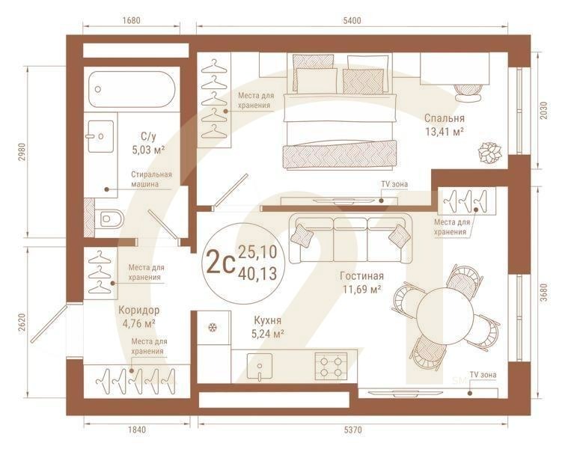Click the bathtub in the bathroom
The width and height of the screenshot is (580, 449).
[x=132, y=89]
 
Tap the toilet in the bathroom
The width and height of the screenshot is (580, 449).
[x=109, y=219]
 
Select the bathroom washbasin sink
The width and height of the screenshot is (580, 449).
[x=100, y=136]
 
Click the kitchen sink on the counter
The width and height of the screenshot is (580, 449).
[x=260, y=366]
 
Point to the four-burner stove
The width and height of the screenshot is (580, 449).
[x=331, y=366]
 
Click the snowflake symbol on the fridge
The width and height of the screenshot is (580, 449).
[x=213, y=328]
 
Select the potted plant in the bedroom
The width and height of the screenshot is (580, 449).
[x=489, y=153]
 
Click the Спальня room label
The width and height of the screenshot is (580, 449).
[x=444, y=118]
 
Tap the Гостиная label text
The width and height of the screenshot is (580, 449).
[x=361, y=276]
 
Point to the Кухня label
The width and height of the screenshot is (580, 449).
[x=267, y=320]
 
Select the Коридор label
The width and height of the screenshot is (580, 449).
[x=138, y=311]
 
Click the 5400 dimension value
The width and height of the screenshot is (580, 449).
[x=352, y=21]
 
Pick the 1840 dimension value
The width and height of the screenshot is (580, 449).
[x=137, y=430]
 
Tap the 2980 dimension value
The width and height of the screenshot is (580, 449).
[x=22, y=152]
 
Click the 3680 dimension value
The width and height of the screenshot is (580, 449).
[x=543, y=293]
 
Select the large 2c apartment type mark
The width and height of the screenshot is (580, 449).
[x=221, y=262]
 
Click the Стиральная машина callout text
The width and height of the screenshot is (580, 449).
[x=151, y=179]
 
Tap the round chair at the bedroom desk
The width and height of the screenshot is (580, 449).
[x=468, y=92]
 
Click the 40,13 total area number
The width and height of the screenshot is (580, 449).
[x=257, y=274]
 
